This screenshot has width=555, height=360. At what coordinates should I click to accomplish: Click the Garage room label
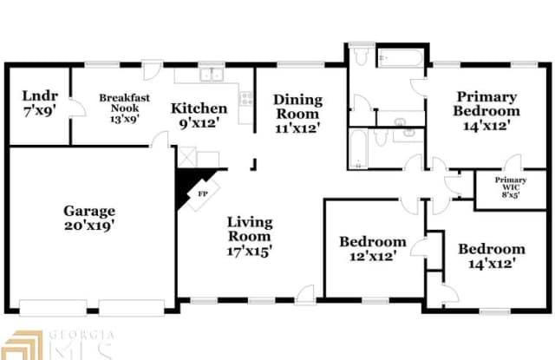[89, 218]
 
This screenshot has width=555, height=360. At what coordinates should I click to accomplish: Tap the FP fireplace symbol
[202, 193]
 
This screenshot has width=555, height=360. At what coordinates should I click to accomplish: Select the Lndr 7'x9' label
[40, 103]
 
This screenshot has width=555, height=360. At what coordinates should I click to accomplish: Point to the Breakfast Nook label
[124, 108]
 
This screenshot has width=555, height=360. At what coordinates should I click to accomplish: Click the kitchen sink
[211, 75]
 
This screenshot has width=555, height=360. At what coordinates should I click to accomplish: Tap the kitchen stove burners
[246, 98]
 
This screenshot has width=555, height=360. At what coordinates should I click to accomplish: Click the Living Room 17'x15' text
[250, 236]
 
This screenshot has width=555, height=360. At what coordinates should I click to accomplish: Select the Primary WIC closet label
[511, 187]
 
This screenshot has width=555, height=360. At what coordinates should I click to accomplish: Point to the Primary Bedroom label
[486, 111]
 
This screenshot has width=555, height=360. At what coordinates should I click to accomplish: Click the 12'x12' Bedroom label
[373, 248]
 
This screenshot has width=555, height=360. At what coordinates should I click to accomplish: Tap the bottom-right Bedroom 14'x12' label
[492, 256]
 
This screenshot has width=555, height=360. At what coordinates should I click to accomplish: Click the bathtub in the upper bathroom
[401, 58]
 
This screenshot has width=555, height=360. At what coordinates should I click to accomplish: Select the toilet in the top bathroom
[361, 55]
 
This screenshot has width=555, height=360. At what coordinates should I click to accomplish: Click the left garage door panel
[53, 308]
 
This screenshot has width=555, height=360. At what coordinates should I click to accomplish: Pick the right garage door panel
[132, 308]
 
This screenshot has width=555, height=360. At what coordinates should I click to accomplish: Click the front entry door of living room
[305, 295]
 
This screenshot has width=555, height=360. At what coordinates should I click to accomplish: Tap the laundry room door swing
[77, 108]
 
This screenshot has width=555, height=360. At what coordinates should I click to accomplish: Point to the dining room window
[301, 64]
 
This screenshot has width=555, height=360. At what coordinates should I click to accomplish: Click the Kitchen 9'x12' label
[199, 115]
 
